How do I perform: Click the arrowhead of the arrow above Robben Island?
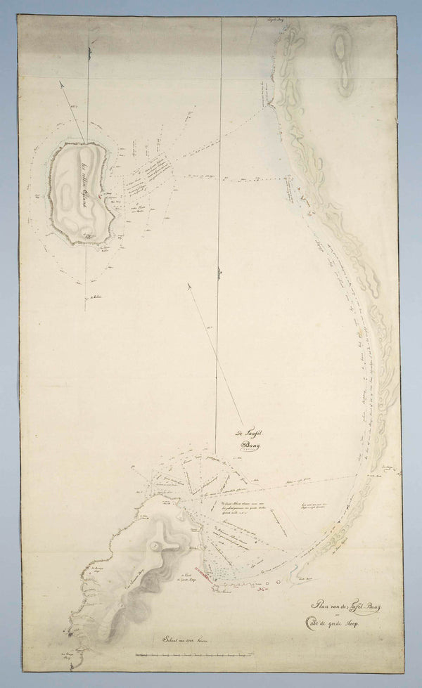tap(62, 83)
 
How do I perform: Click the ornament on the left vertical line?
tap(89, 51)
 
